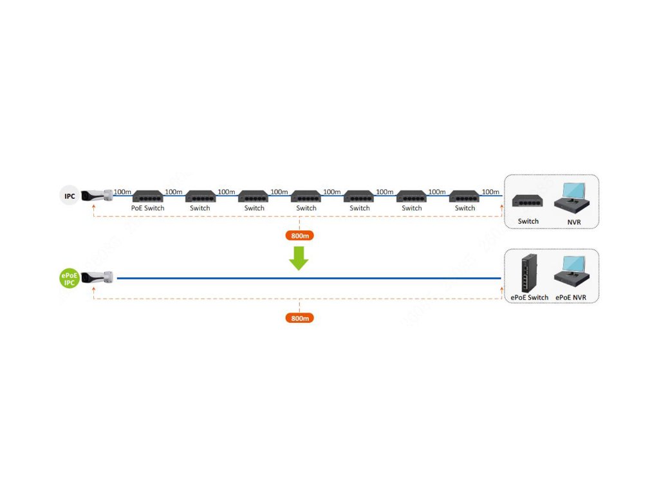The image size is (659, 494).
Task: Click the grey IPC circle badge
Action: tap(70, 196)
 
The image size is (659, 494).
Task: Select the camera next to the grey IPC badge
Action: tap(97, 194)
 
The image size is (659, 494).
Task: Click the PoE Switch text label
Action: tap(147, 208)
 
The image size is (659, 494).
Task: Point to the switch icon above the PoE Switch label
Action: tap(147, 196)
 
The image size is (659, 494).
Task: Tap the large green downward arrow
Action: tap(299, 257)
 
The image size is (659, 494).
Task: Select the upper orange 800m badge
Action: tap(299, 235)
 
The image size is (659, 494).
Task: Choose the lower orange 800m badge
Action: tap(299, 318)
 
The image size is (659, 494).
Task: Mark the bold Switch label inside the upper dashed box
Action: tap(528, 221)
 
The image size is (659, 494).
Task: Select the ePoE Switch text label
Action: tap(529, 297)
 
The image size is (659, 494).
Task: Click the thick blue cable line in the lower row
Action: tap(309, 279)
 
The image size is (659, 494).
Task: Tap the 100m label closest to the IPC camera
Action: tap(122, 192)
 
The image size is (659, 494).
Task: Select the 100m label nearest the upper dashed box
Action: tap(490, 192)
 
